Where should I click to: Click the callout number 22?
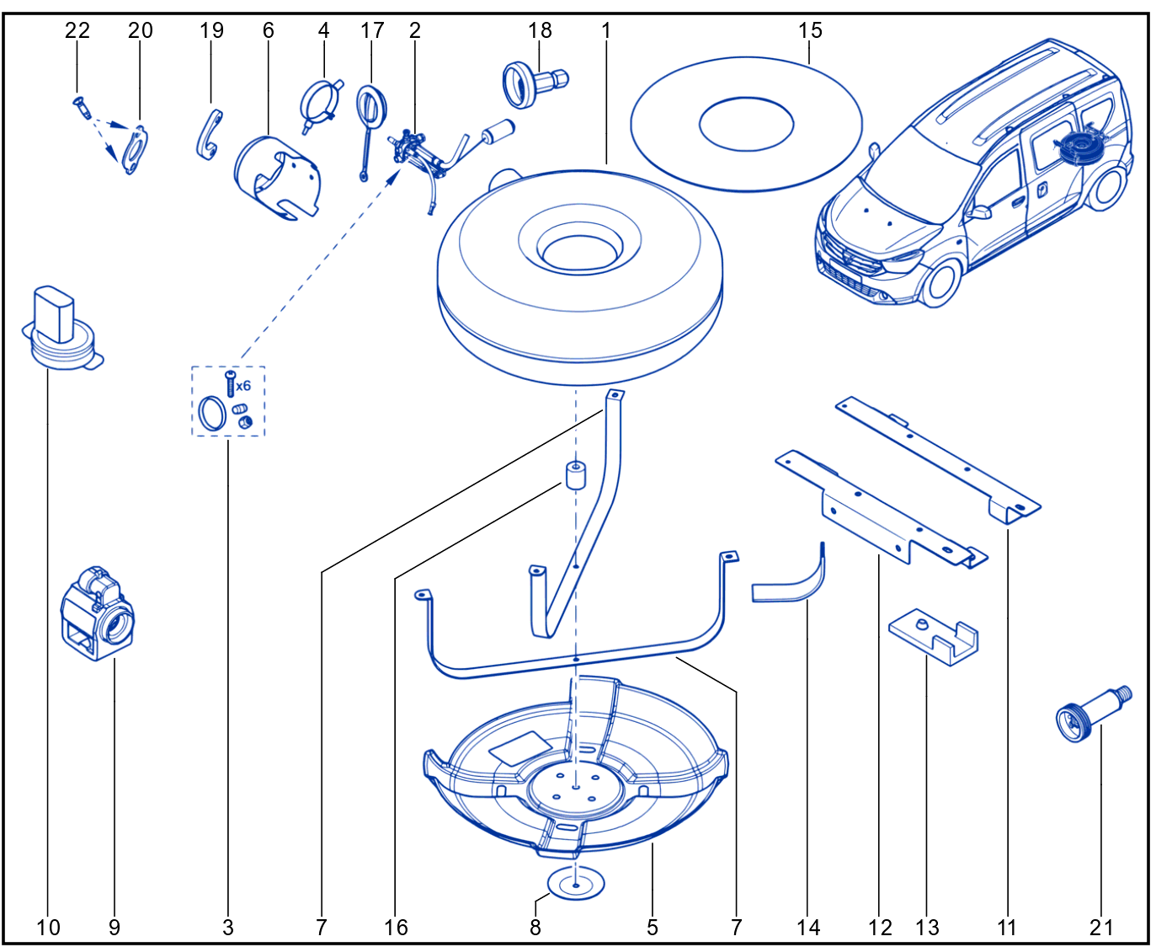77,30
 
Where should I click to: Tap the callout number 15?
810,30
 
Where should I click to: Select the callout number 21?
1101,928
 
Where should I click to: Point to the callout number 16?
396,928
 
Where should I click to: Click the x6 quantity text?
242,385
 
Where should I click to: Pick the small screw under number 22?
83,107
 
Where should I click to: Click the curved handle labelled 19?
209,135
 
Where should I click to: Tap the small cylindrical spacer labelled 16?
575,474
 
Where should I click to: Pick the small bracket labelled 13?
934,637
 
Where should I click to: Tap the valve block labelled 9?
97,613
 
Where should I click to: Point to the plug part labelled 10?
61,328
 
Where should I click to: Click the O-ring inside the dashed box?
211,413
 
